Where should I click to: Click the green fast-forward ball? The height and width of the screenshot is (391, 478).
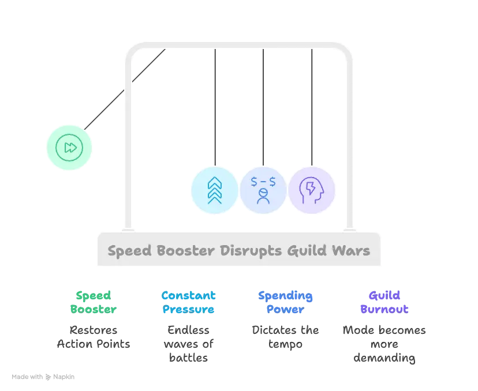(69, 148)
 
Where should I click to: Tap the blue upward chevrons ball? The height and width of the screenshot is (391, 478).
(215, 190)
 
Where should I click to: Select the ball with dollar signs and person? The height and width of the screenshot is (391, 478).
(263, 190)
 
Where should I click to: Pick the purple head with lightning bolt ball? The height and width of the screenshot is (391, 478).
(312, 190)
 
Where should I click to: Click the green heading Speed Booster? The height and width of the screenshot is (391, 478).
(94, 302)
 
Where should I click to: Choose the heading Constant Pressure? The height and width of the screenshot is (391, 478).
(188, 302)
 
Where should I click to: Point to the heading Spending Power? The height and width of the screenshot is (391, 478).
(285, 302)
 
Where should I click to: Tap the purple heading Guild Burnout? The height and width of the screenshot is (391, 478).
(384, 302)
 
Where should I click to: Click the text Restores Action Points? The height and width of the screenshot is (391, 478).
(94, 337)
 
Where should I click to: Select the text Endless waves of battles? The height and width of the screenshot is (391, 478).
(188, 344)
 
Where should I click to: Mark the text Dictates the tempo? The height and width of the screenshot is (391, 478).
(285, 337)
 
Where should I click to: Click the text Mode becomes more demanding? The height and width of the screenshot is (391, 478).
(384, 344)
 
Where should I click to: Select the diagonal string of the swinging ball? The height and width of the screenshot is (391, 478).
(125, 89)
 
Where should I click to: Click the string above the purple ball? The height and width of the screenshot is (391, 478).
(312, 107)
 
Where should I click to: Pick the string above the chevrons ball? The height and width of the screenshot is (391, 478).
(215, 107)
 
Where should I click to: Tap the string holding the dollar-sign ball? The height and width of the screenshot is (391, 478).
(263, 107)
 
